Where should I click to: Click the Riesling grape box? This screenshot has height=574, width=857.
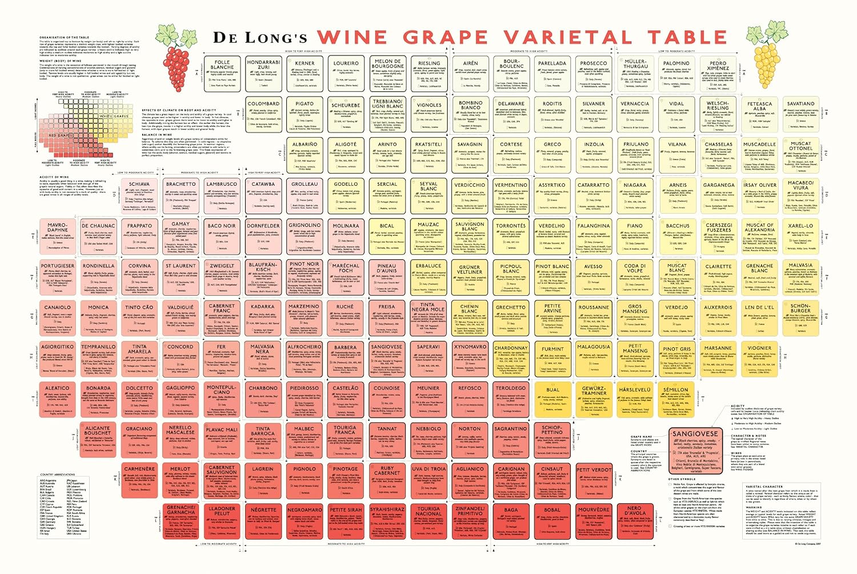[428, 73]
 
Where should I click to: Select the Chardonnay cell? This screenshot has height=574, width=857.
[511, 360]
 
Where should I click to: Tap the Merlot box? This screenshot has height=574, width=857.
[181, 481]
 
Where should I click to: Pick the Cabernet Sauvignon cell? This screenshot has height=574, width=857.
[222, 481]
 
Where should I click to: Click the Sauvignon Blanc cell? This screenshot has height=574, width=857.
[470, 238]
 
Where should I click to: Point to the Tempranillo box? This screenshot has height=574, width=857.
[98, 360]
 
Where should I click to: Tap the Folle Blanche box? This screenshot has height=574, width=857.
[222, 73]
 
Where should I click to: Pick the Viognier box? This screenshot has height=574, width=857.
[759, 360]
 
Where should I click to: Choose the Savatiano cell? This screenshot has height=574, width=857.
[800, 114]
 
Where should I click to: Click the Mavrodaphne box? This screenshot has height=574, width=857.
[57, 238]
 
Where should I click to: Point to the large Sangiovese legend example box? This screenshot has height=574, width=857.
[695, 451]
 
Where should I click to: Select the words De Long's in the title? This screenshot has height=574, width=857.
[260, 38]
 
